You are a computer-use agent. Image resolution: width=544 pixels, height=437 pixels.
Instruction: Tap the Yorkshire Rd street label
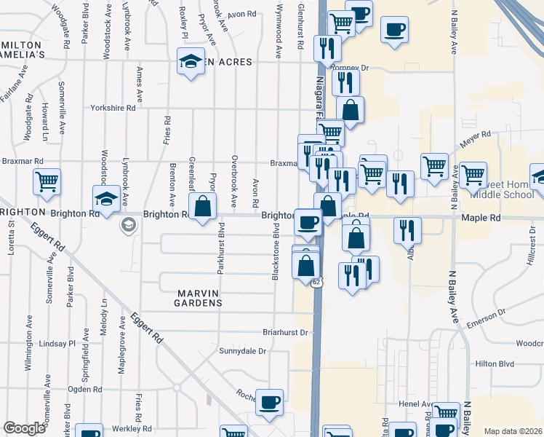pos(113,108)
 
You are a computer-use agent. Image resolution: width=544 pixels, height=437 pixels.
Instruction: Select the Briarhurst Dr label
pos(286,332)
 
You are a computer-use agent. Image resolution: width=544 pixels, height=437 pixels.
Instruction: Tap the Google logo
pos(24,428)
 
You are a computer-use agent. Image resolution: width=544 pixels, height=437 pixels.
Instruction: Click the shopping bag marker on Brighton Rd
pos(204,206)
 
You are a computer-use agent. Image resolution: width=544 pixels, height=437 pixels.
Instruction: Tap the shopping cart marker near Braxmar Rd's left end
pos(47,181)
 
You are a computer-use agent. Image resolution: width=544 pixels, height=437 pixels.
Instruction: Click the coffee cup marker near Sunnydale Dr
pos(269,403)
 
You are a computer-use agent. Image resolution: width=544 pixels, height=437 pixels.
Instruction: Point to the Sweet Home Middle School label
pos(503,189)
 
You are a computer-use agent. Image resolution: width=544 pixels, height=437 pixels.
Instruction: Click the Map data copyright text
pos(513,431)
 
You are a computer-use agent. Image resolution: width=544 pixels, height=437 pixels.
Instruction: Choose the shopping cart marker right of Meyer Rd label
pos(472,175)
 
